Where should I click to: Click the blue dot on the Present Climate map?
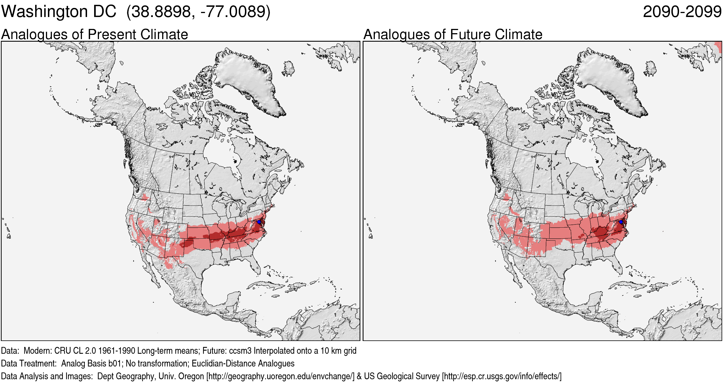[259, 222]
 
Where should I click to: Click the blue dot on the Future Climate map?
[621, 222]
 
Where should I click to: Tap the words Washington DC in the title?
[59, 12]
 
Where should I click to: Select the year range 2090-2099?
[682, 12]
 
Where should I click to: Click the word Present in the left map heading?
[112, 35]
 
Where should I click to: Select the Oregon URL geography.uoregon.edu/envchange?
[280, 376]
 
